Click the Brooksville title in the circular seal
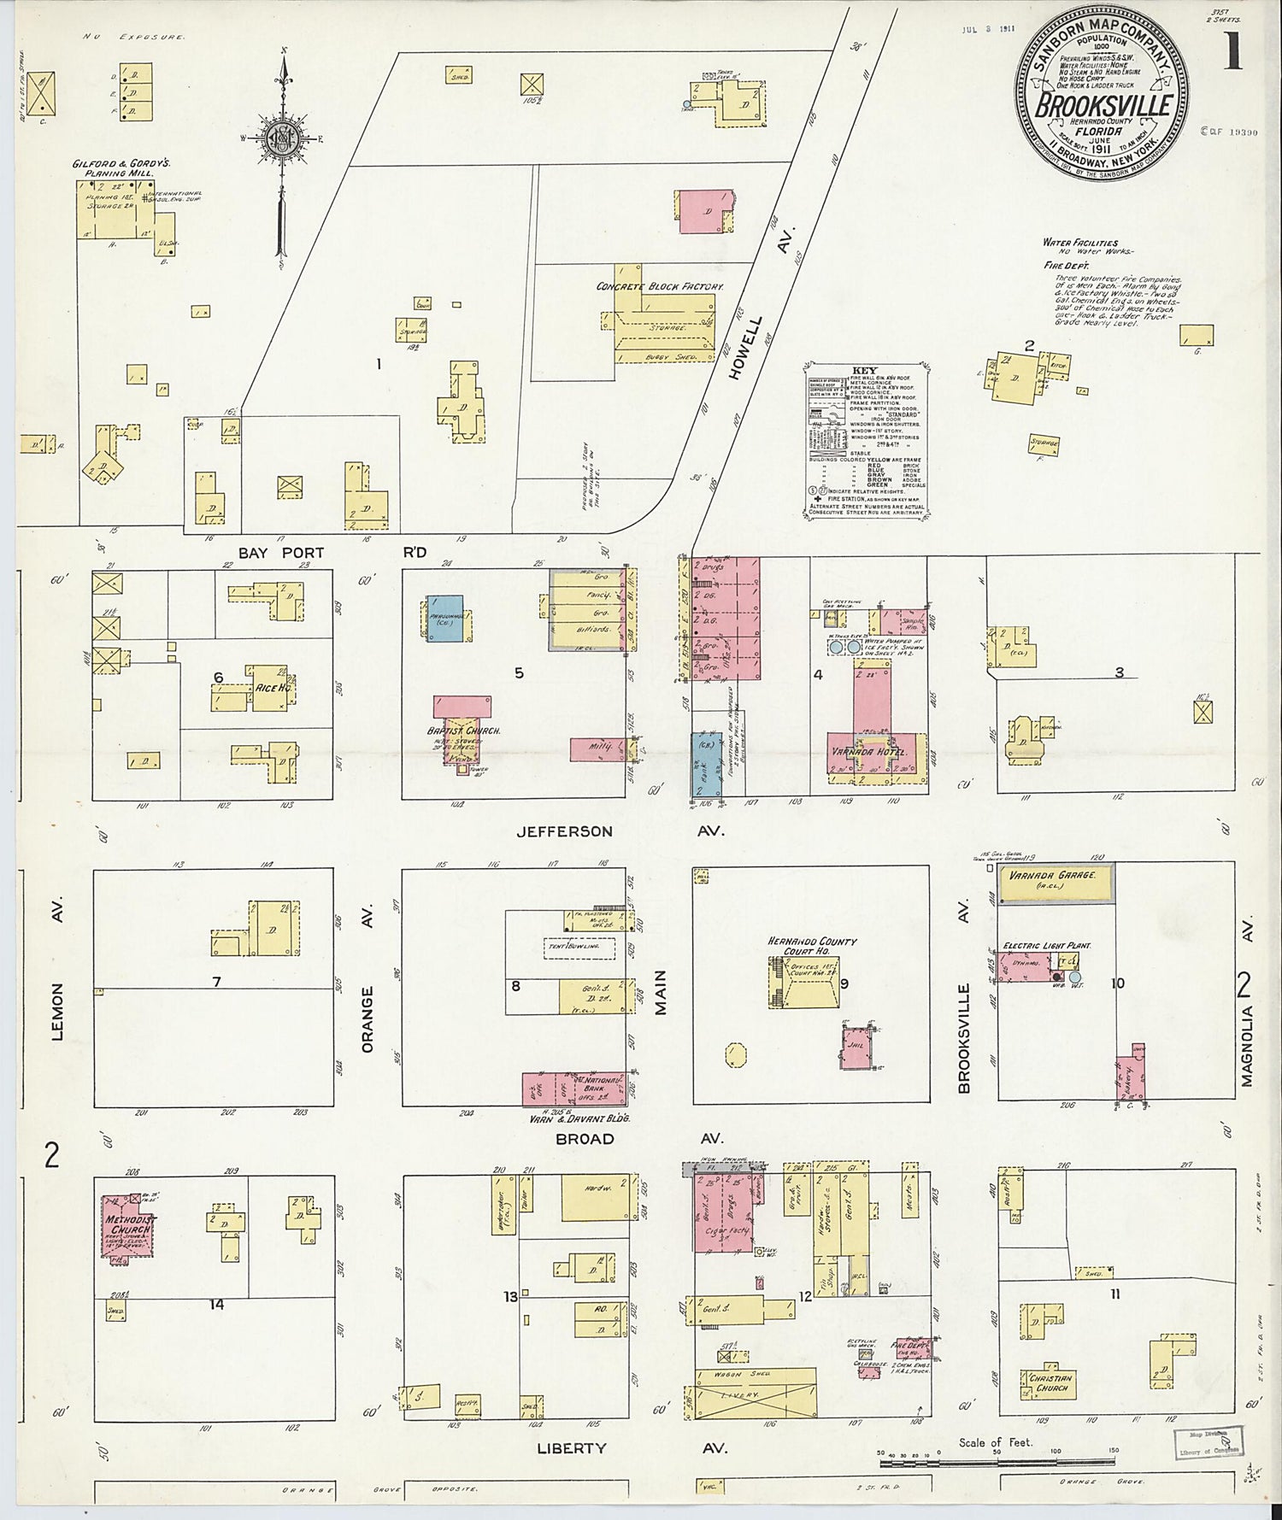pyautogui.click(x=1103, y=108)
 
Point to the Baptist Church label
pyautogui.click(x=463, y=731)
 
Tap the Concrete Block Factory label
pyautogui.click(x=660, y=286)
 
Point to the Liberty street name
pyautogui.click(x=572, y=1448)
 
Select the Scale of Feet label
pyautogui.click(x=996, y=1442)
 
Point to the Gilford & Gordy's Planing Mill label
pyautogui.click(x=113, y=166)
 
